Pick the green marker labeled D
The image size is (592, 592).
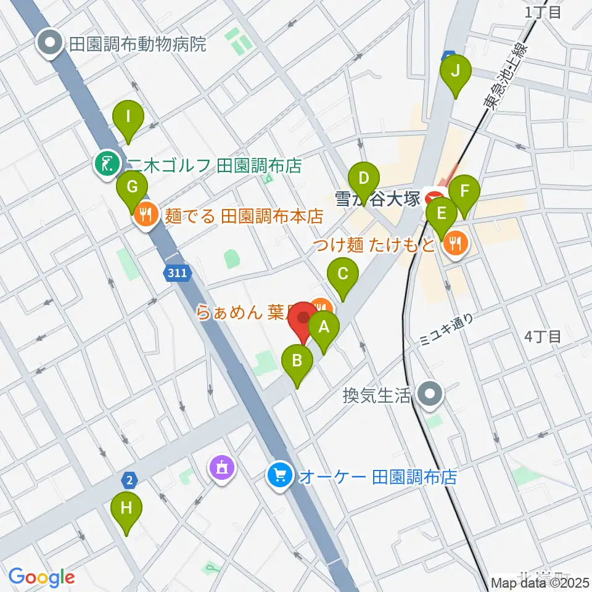[364, 180]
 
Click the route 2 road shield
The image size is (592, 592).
[129, 479]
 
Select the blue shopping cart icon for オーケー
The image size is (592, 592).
[281, 475]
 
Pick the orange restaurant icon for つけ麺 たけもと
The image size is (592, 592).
[455, 245]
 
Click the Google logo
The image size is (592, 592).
[42, 577]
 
